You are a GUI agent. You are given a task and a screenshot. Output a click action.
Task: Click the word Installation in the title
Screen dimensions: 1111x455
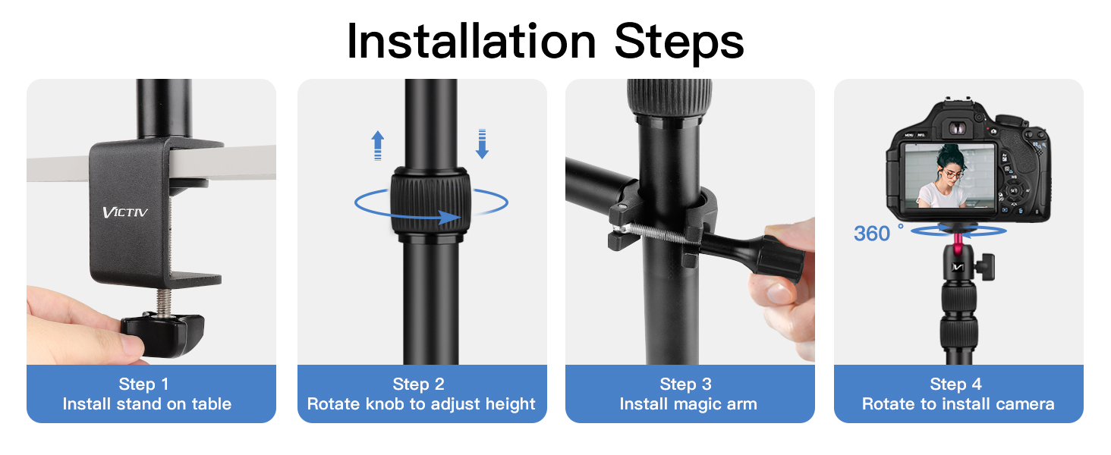pos(471,42)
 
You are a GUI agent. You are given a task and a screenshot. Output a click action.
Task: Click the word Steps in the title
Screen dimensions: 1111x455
pos(679,44)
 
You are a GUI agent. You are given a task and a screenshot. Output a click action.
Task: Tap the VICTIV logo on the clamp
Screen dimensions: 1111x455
pos(125,212)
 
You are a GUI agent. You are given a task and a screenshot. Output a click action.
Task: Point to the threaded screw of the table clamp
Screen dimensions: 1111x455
pos(164,302)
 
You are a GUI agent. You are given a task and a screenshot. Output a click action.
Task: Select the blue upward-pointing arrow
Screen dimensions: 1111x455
pos(378,146)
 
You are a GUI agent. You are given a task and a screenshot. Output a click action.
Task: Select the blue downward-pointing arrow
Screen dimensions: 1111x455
pos(482,144)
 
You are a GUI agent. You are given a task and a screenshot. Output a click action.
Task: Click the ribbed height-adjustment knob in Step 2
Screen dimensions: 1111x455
pos(430,201)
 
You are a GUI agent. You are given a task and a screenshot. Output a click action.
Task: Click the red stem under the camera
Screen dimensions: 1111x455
pos(958,241)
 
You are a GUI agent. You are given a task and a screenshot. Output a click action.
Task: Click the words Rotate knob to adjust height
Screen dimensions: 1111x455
pos(421,404)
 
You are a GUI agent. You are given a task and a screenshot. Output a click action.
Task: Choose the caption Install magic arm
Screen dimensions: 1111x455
pos(688,404)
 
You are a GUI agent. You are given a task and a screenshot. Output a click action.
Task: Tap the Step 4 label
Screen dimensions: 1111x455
pos(955,384)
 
